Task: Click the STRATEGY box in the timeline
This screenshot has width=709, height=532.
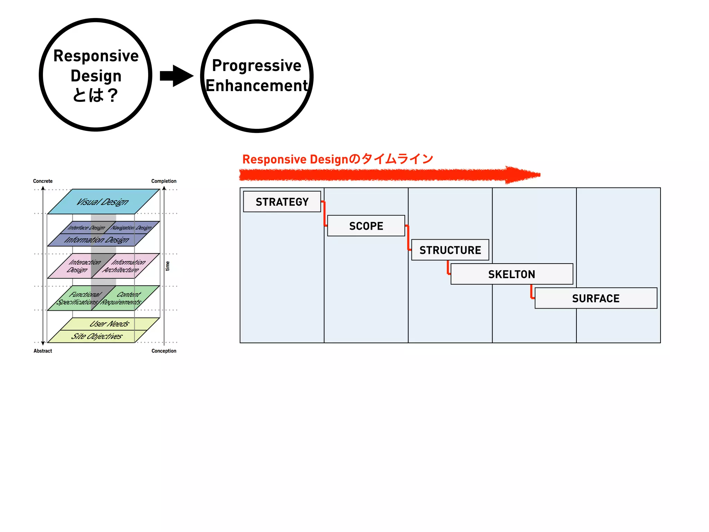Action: [x=282, y=202]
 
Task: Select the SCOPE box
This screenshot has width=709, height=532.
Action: [x=366, y=226]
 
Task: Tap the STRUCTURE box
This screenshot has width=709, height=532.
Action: [x=450, y=250]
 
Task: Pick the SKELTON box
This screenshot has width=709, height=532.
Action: [x=511, y=274]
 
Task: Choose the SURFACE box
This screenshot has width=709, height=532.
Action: [x=595, y=298]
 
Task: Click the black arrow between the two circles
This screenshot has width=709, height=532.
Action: [x=177, y=76]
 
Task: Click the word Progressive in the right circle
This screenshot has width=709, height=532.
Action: [x=257, y=65]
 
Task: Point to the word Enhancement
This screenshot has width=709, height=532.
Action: [x=257, y=86]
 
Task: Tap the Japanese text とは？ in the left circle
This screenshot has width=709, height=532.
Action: [x=96, y=95]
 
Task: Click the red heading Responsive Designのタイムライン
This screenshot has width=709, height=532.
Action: [x=338, y=159]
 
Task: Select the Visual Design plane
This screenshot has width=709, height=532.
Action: [x=103, y=202]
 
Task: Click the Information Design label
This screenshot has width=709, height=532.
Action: [x=97, y=240]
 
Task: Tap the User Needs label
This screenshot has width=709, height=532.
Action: [x=109, y=324]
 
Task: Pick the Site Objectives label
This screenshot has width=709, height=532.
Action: [x=97, y=336]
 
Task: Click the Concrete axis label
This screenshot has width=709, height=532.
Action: [x=43, y=181]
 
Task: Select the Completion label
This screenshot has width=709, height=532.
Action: [x=164, y=181]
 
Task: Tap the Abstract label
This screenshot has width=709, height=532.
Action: [x=43, y=351]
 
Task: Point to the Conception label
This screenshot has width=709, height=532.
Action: [x=164, y=351]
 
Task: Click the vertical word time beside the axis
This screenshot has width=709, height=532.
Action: [x=168, y=266]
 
